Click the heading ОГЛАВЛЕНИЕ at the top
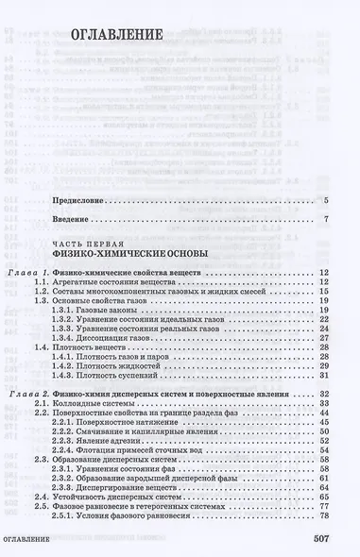(119, 37)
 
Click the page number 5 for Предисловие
(324, 201)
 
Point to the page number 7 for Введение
(324, 222)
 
